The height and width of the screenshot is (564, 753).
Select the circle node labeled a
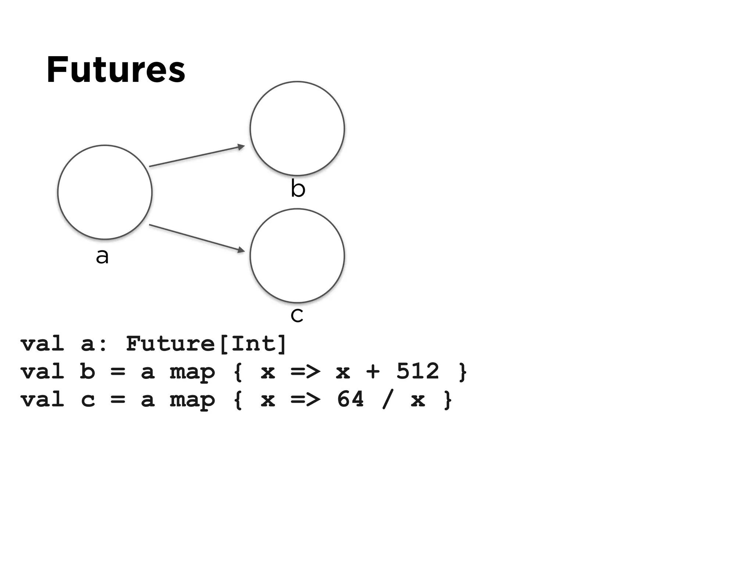click(x=105, y=192)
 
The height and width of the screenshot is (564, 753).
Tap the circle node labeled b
click(x=297, y=129)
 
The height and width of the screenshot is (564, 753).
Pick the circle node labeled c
click(x=297, y=256)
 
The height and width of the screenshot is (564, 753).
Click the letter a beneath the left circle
click(x=102, y=256)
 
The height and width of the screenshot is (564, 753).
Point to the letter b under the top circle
click(x=298, y=188)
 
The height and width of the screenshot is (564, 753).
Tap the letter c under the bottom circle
click(x=297, y=315)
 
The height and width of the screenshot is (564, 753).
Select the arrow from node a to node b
click(x=195, y=157)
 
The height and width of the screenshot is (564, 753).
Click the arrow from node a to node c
click(x=195, y=237)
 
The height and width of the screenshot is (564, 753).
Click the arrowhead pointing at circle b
click(x=241, y=147)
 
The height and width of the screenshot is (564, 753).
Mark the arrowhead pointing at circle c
click(x=241, y=250)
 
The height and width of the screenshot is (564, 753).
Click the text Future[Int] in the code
click(x=206, y=344)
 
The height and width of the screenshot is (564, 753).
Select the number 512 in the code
click(x=418, y=371)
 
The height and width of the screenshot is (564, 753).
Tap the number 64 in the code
click(x=350, y=399)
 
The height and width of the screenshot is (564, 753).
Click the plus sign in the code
click(x=373, y=372)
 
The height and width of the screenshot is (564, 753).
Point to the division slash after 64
click(x=387, y=399)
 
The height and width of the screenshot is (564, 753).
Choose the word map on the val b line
click(x=192, y=372)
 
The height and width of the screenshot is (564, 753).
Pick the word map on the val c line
click(x=192, y=400)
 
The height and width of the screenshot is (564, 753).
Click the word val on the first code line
click(x=42, y=344)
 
